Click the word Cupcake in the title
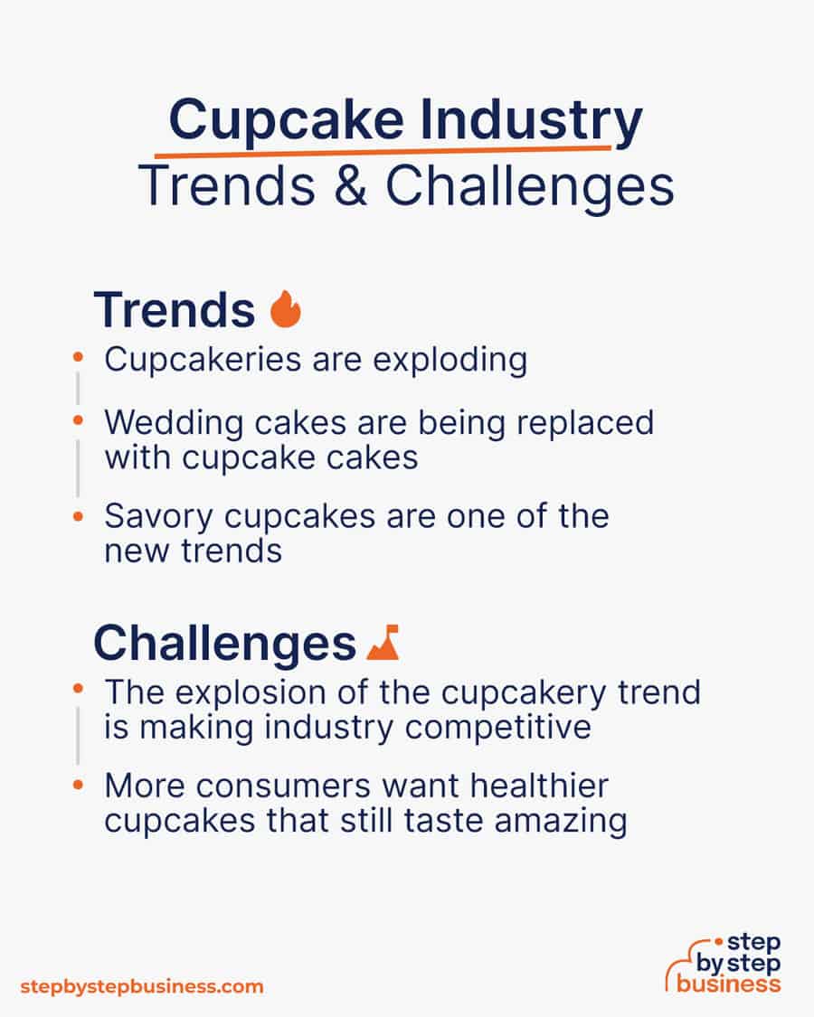[287, 121]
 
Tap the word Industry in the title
[531, 121]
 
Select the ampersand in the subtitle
[351, 185]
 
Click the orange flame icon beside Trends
[286, 309]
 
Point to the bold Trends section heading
[175, 310]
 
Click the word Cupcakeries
[203, 361]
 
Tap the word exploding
[450, 360]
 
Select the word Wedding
[174, 423]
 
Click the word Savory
[158, 518]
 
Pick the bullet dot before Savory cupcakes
[79, 517]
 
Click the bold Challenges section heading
[224, 644]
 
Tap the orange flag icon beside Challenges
[383, 643]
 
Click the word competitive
[497, 728]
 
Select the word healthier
[539, 786]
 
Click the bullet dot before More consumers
[79, 786]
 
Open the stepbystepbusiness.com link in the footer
[141, 987]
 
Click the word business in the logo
[728, 984]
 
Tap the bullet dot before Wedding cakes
[79, 421]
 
